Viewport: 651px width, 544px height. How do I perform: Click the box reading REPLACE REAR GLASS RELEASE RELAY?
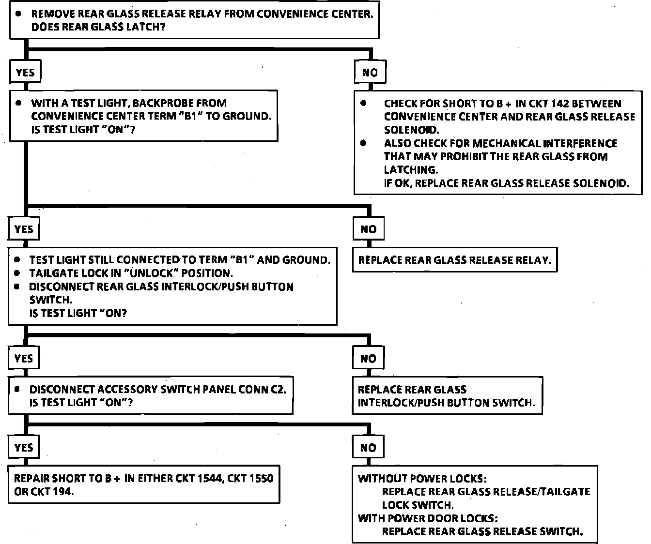point(454,260)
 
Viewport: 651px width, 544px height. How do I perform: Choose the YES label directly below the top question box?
point(25,73)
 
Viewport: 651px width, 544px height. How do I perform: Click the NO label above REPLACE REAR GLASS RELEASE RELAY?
point(369,229)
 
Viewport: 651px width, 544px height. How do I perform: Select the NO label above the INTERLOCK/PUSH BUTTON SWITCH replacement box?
point(368,359)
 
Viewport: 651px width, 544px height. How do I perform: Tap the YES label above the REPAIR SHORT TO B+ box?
point(24,448)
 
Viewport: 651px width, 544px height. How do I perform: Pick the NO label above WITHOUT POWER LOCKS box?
point(368,448)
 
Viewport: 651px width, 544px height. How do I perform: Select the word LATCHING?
point(411,170)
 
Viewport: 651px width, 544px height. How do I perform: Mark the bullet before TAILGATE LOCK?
point(17,273)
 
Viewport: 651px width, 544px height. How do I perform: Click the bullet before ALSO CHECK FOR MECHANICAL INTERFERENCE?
point(364,143)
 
